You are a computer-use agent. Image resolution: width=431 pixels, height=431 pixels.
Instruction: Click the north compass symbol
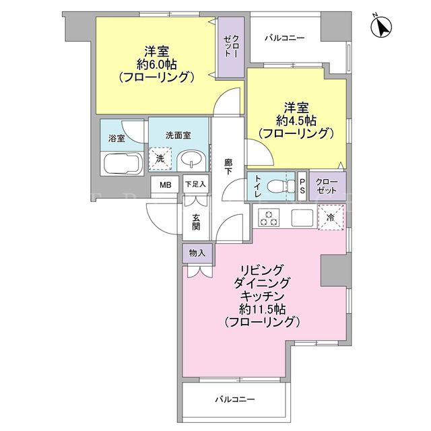click(381, 27)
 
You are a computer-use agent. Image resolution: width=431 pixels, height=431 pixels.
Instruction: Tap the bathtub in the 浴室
click(123, 164)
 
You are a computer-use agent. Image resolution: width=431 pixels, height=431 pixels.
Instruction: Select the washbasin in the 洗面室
click(191, 161)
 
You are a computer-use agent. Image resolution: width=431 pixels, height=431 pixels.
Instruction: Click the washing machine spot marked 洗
click(160, 159)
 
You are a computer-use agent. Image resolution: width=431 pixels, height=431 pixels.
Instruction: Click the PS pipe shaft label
click(302, 186)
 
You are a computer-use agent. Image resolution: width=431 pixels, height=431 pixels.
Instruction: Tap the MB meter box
click(166, 185)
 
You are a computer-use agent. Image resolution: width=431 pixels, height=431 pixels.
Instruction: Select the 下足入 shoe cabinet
click(195, 184)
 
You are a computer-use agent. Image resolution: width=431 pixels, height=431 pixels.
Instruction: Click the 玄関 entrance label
click(196, 222)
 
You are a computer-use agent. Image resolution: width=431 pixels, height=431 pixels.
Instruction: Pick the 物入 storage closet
click(197, 253)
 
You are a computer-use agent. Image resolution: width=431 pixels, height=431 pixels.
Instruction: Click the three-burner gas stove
click(269, 218)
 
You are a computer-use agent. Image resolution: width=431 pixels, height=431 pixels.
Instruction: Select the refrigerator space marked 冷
click(331, 217)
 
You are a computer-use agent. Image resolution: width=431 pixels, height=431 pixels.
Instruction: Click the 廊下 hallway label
click(228, 167)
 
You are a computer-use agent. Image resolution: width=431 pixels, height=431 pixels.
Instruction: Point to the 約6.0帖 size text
click(157, 65)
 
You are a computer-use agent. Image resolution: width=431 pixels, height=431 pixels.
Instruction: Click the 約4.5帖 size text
click(296, 121)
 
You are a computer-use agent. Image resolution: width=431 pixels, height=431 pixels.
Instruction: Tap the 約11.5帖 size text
click(262, 310)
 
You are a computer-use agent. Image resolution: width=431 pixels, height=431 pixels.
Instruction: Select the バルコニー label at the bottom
click(235, 399)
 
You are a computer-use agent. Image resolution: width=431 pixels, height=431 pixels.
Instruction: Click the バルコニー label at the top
click(284, 38)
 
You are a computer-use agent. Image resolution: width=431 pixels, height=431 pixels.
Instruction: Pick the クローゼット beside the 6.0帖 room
click(231, 47)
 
